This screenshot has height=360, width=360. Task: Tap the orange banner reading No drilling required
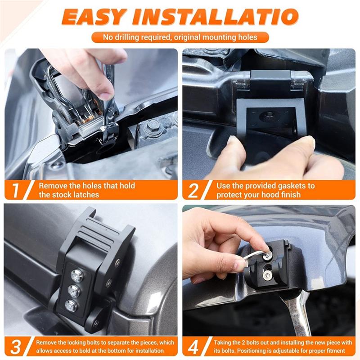[180, 37]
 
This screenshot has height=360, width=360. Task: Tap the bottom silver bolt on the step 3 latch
[71, 306]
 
